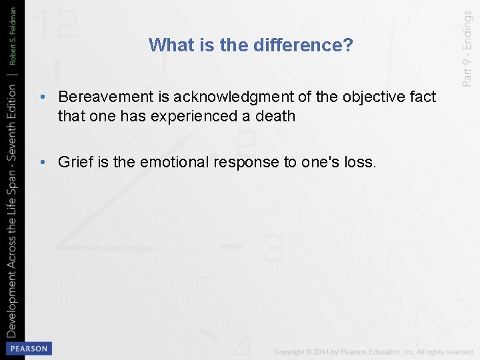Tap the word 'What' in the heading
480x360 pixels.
point(167,45)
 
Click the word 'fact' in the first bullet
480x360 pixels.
point(422,97)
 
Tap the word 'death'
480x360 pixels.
point(275,116)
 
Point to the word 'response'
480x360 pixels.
point(243,162)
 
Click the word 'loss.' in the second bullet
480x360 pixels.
point(360,162)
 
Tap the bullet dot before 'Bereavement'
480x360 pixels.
point(42,98)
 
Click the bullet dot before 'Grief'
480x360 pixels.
point(42,162)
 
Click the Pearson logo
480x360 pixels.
point(27,349)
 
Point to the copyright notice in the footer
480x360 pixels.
point(374,351)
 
